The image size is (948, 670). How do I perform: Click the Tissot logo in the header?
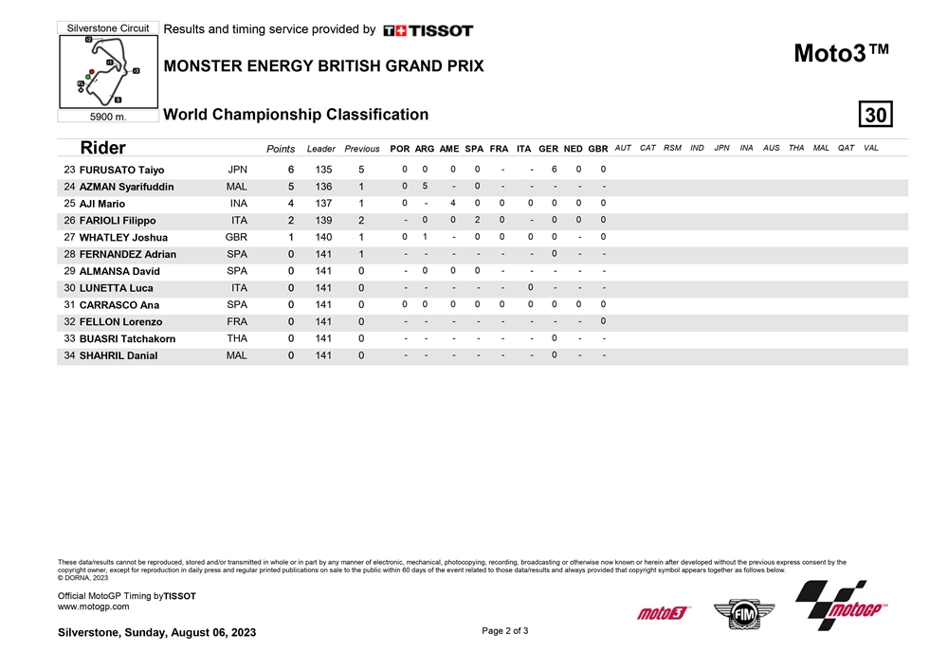click(x=428, y=30)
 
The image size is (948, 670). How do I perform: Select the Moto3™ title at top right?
click(x=841, y=54)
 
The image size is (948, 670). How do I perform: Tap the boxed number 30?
click(x=875, y=115)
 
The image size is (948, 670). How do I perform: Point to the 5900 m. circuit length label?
click(x=107, y=118)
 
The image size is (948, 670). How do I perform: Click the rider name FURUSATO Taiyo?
click(x=121, y=171)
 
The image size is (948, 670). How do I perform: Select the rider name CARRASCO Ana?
click(x=119, y=305)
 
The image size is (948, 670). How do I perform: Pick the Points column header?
click(x=281, y=149)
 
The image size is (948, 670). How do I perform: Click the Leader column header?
click(x=321, y=149)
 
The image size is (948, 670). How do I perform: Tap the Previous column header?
click(x=362, y=149)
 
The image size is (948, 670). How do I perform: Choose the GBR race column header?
click(x=598, y=149)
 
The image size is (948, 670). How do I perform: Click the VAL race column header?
click(x=871, y=148)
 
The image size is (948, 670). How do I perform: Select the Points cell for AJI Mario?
click(x=291, y=204)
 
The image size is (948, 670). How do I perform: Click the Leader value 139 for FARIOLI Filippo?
click(x=323, y=221)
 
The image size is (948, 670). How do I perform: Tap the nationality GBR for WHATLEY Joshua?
click(x=237, y=238)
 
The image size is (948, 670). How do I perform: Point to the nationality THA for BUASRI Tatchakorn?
click(x=237, y=338)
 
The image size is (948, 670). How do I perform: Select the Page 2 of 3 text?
click(x=505, y=631)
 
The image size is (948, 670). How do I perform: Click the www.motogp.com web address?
click(x=94, y=607)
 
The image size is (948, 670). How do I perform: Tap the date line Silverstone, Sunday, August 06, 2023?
click(x=156, y=632)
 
